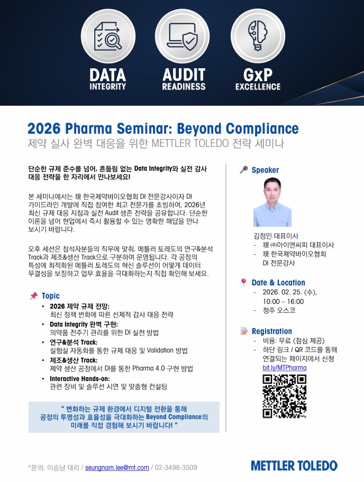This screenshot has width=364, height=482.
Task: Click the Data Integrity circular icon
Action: (x=108, y=36)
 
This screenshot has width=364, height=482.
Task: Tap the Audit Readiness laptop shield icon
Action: (x=183, y=36)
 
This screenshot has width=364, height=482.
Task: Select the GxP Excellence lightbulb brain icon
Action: (x=258, y=36)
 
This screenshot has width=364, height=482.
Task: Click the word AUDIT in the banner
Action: (x=184, y=75)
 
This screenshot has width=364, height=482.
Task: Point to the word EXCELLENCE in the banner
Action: (x=258, y=87)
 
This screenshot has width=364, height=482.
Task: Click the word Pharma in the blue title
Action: (x=88, y=128)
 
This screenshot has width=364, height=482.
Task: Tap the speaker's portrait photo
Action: (x=272, y=202)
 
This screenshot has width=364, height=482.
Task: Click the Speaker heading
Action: (x=265, y=170)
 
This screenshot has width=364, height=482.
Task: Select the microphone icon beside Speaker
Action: (x=244, y=169)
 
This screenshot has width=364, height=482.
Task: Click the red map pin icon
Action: (x=244, y=282)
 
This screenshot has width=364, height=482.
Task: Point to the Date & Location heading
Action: (x=278, y=283)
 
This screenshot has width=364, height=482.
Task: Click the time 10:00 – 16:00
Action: (x=283, y=302)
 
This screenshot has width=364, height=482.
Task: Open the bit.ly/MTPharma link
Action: (x=285, y=368)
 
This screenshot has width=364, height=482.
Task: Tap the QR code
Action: (x=285, y=396)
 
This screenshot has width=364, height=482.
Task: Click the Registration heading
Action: (x=272, y=331)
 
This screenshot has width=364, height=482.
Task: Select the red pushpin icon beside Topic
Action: (x=33, y=296)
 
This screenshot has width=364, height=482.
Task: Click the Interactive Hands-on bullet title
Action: (x=80, y=379)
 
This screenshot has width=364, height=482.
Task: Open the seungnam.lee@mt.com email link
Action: (x=117, y=468)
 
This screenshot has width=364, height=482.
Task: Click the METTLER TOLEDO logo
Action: (x=294, y=466)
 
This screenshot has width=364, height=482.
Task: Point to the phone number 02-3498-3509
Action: (x=176, y=468)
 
